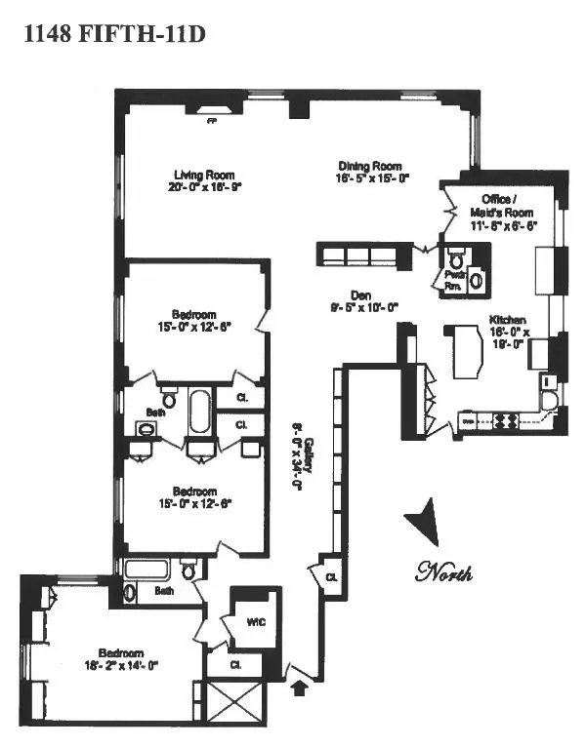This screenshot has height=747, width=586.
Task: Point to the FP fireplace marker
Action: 211,123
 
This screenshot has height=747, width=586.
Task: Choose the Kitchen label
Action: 510,320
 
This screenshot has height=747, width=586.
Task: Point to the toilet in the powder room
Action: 456,258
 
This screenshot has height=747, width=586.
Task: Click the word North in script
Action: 443,571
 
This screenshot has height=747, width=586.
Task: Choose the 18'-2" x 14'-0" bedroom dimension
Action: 121,666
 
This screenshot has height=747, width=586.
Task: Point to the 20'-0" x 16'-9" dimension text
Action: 201,187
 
